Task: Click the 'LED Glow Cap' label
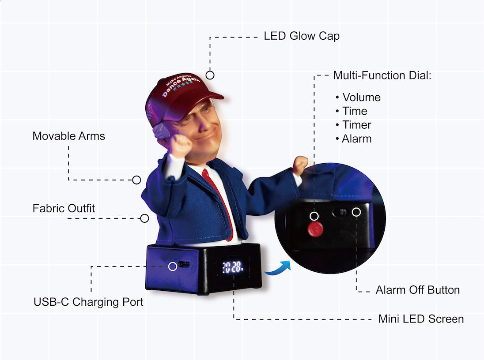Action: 302,36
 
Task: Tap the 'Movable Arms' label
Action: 69,136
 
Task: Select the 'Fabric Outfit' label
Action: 64,208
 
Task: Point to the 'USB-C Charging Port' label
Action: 88,302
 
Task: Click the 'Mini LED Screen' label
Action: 421,319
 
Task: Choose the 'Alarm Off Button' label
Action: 417,290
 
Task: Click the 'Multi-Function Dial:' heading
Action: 382,75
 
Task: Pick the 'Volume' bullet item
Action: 361,97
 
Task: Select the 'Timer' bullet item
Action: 356,125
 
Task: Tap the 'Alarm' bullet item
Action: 356,139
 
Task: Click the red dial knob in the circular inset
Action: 315,229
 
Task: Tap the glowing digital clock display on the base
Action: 232,267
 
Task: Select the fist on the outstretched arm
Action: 300,165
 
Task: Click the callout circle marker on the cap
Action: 210,75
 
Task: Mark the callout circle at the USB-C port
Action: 173,266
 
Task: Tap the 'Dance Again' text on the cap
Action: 181,86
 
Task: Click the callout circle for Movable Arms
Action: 136,180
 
